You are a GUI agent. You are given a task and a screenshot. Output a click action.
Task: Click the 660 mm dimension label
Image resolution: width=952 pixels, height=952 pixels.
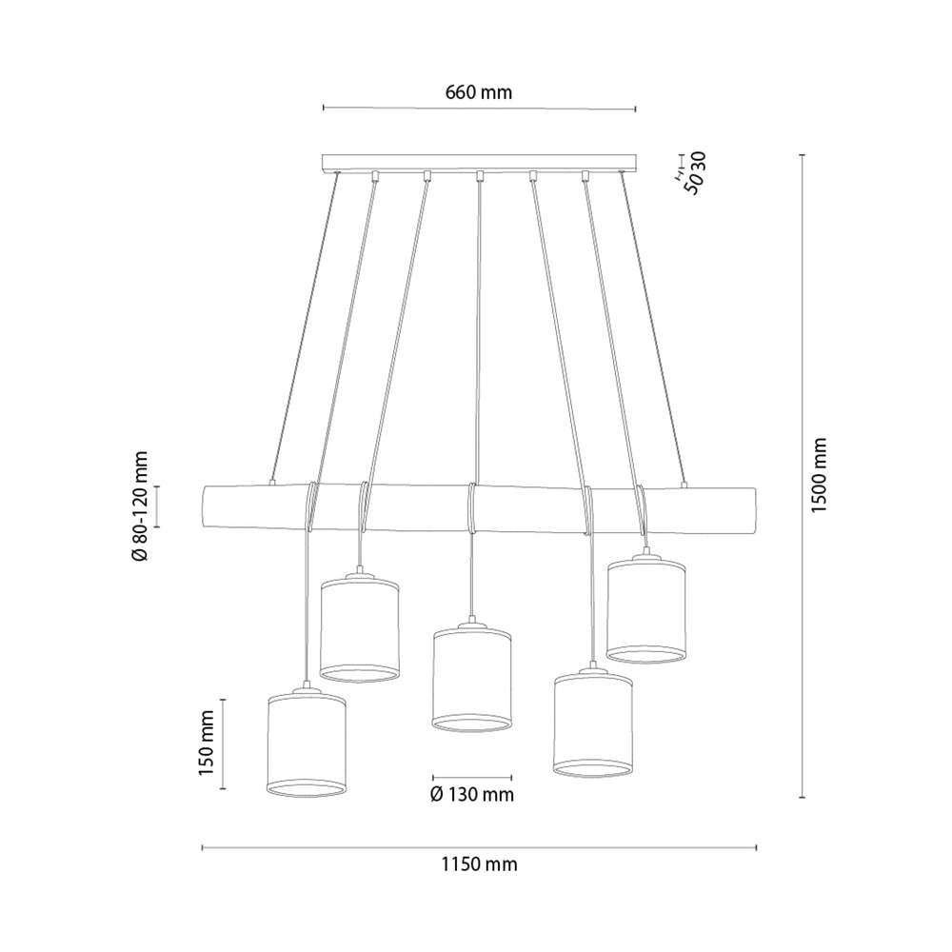[479, 92]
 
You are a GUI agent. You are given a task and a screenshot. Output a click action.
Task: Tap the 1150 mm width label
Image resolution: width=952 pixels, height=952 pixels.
[479, 863]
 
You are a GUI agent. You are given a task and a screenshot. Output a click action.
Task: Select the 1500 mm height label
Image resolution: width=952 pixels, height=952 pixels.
[819, 475]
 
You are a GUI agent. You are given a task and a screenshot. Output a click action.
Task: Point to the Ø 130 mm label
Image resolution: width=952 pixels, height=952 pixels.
[472, 794]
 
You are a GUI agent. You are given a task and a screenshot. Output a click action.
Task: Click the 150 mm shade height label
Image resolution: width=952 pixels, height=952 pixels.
[206, 744]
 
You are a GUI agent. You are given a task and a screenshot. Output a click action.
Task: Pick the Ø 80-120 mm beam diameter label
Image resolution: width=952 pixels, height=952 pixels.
[140, 506]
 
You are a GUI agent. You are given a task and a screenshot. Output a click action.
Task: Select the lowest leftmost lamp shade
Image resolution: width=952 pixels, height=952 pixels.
[307, 744]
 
